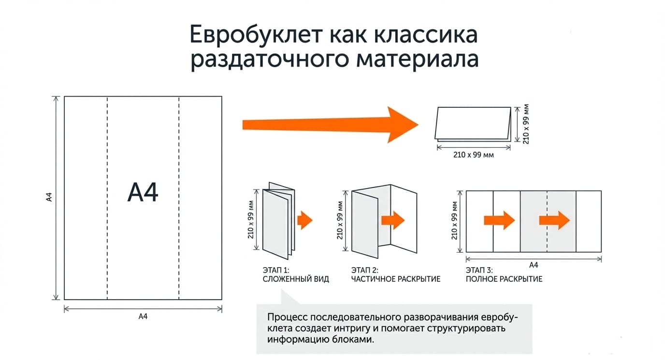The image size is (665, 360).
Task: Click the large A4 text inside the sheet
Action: [x=143, y=192]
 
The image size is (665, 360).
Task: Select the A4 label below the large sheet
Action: [x=143, y=317]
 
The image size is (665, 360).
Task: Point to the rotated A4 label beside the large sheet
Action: [x=49, y=197]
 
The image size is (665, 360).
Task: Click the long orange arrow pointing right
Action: [x=331, y=125]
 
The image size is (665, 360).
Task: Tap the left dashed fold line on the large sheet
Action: [x=107, y=198]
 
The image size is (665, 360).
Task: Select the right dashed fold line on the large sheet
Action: [x=179, y=198]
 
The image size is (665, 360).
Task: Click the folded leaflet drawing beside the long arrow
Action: [x=473, y=124]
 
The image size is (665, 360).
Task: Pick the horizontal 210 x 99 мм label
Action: [x=473, y=155]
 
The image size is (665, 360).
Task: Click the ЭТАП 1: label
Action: [x=276, y=270]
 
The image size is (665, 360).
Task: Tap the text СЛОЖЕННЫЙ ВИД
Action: [x=296, y=279]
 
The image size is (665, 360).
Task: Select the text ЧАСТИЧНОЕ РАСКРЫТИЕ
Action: [x=396, y=279]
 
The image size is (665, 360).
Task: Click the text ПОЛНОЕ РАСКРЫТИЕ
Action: [x=504, y=279]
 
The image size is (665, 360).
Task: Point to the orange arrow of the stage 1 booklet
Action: [x=305, y=220]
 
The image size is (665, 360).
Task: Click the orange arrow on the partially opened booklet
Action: [x=393, y=220]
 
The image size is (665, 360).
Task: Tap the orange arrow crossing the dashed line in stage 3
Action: [x=554, y=220]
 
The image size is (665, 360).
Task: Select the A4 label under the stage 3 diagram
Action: [x=534, y=265]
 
